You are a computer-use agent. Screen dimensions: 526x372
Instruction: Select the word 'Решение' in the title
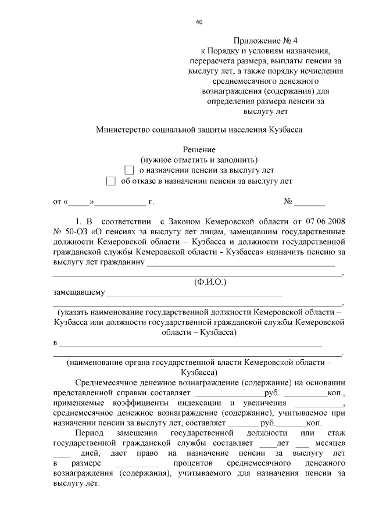click(199, 149)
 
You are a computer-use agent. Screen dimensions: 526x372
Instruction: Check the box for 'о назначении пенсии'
click(129, 170)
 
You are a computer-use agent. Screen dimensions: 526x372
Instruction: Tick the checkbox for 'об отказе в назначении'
click(110, 181)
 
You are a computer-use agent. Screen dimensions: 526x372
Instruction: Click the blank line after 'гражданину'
click(241, 263)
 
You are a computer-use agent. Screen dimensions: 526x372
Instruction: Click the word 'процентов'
click(195, 464)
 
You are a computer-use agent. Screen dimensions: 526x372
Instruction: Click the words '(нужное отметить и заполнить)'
click(199, 160)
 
